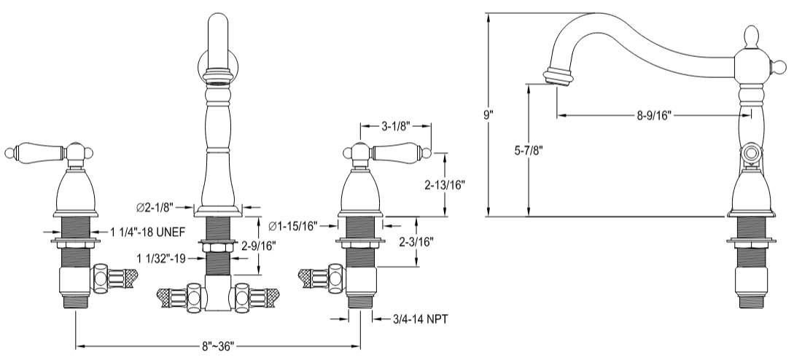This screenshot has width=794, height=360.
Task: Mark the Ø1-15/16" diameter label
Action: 295,226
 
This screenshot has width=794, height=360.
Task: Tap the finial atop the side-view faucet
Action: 751,36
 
